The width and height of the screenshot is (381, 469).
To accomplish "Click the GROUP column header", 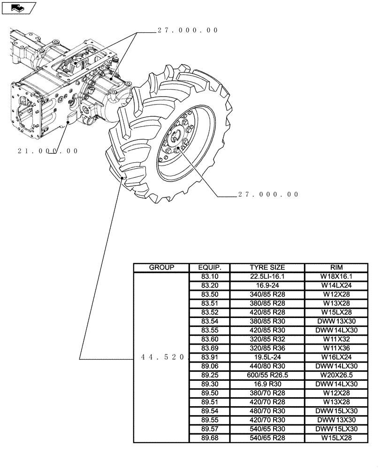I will point(161,268).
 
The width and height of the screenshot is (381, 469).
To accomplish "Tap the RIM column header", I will point(336,268).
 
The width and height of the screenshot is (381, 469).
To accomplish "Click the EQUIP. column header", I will point(209,268).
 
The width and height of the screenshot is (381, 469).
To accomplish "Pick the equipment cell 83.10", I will point(209,277).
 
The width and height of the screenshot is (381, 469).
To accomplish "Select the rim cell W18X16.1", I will point(336,277).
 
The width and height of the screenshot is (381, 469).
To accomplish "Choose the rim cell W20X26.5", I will point(336,375).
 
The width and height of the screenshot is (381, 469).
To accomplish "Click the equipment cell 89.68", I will point(209,438).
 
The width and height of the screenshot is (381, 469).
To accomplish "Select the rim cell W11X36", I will point(336,348).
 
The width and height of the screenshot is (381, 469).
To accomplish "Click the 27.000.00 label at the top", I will point(188,30).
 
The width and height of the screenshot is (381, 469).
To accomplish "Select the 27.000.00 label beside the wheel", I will point(268,195).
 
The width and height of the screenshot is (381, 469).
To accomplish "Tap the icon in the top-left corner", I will point(18,7).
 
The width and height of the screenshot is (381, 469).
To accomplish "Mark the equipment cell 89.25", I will point(209,375).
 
